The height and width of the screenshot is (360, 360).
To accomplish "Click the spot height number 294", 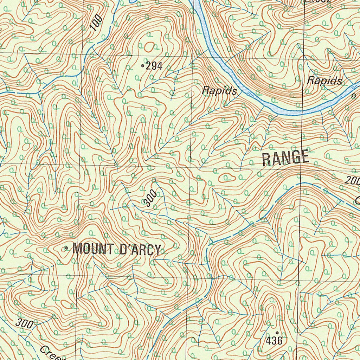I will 154,65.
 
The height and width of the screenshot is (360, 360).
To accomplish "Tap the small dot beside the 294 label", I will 142,65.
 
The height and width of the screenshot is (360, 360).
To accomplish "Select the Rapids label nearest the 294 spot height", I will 219,91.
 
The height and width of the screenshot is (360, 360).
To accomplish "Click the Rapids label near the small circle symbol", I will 324,81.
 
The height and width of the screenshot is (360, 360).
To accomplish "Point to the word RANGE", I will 285,158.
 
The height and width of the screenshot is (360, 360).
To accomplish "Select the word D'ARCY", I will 140,250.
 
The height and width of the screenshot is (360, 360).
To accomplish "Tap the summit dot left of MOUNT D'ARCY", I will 66,249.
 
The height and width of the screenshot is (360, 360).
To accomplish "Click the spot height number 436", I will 274,340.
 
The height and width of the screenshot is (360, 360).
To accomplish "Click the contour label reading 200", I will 352,181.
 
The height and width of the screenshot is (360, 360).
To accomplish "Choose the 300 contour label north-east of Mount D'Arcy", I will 150,199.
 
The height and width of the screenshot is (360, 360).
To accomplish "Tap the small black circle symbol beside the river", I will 354,95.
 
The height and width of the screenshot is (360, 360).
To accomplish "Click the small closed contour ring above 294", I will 149,46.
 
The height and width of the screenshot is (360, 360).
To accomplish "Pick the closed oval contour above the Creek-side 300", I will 66,304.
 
